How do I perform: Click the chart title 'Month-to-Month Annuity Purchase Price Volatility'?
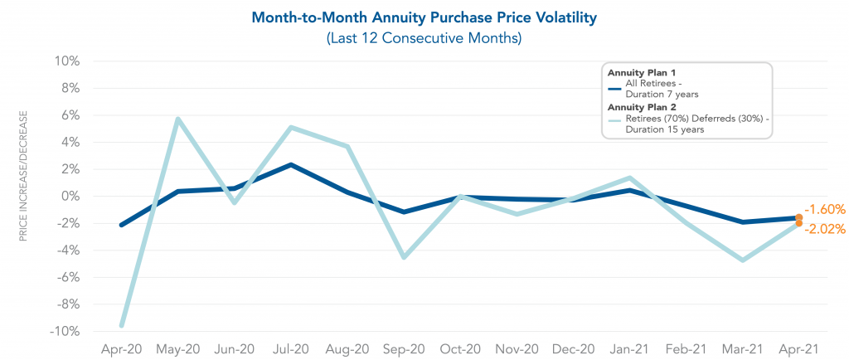[424, 17]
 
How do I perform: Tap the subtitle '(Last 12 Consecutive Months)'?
[424, 37]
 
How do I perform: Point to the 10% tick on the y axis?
[68, 61]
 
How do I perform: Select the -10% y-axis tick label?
[65, 331]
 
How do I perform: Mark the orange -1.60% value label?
[826, 210]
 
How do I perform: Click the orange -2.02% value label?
[826, 228]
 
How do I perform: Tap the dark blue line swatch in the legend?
[614, 88]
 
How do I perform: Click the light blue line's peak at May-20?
[177, 119]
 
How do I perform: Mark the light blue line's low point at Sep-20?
[403, 257]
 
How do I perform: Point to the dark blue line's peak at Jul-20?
[290, 165]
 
